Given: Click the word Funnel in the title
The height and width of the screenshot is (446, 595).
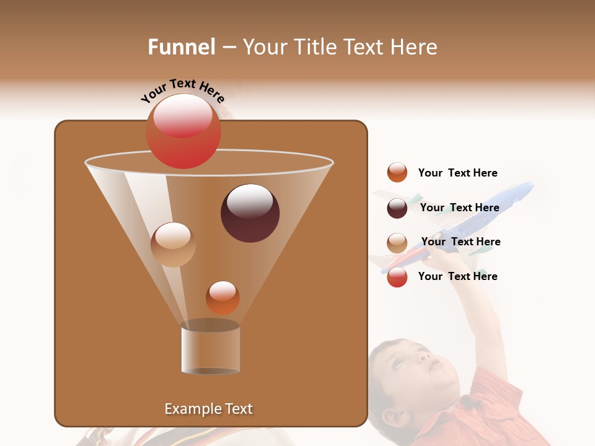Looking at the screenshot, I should click(x=181, y=47).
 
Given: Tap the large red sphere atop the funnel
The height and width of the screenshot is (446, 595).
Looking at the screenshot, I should click(x=183, y=131).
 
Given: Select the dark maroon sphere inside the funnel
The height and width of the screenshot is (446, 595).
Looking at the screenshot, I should click(x=250, y=213).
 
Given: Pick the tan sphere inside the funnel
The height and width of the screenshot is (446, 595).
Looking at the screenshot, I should click(x=173, y=244).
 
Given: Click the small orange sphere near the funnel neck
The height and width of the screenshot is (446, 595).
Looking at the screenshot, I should click(x=223, y=297).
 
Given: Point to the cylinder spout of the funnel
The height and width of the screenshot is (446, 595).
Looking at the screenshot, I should click(x=211, y=350).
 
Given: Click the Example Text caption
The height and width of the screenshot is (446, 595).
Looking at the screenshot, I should click(x=208, y=409).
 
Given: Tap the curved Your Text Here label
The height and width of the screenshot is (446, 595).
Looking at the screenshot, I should click(x=182, y=90).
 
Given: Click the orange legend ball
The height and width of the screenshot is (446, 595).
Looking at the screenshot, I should click(x=397, y=173).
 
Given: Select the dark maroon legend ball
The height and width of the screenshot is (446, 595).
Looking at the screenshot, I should click(x=397, y=208).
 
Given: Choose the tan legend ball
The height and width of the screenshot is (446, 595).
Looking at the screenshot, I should click(x=397, y=242).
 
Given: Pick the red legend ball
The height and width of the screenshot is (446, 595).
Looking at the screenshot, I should click(x=397, y=277).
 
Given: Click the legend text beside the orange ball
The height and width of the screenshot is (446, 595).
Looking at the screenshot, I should click(x=457, y=173).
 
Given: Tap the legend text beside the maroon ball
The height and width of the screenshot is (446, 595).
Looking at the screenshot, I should click(x=459, y=208).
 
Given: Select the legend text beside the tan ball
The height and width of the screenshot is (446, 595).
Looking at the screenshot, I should click(x=461, y=242).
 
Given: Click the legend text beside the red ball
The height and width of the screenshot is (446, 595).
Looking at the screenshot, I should click(x=457, y=276).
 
